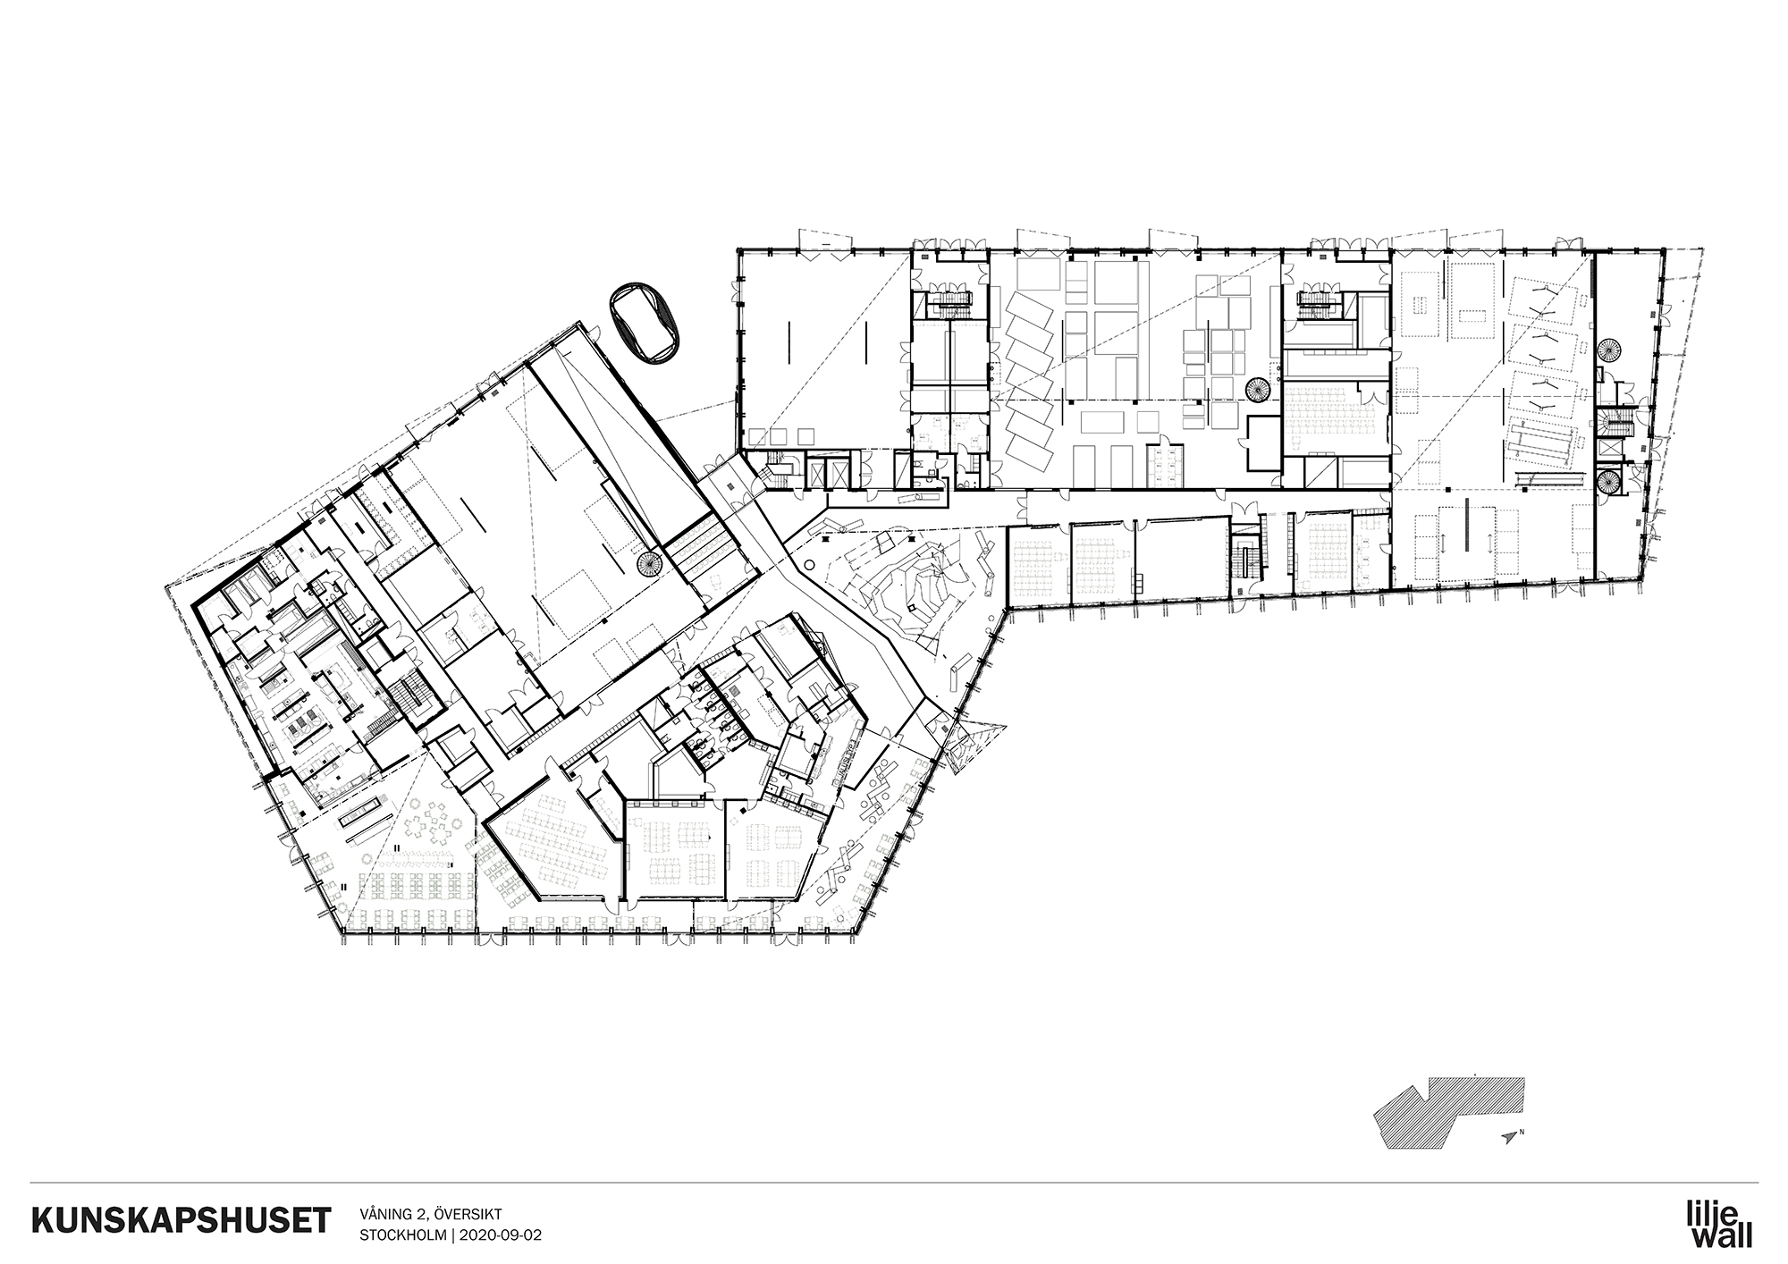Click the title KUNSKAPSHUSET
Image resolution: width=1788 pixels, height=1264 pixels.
[180, 1221]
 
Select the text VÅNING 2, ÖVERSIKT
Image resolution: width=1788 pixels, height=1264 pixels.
[431, 1213]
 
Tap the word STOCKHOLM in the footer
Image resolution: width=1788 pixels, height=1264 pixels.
[403, 1235]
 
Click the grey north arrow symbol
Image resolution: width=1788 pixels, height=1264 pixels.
[1510, 1137]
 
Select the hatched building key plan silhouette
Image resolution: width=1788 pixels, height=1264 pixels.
[1448, 1109]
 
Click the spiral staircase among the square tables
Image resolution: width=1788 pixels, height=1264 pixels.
[1257, 390]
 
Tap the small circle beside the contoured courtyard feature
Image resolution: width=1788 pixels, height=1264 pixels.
[809, 566]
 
